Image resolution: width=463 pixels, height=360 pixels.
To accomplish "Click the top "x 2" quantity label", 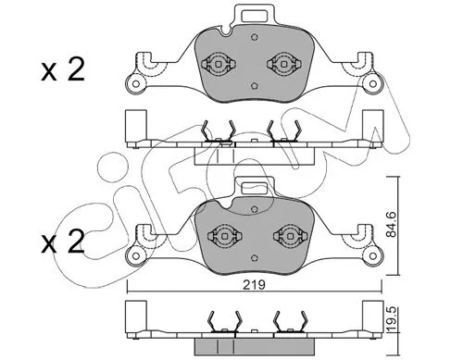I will (x=63, y=70).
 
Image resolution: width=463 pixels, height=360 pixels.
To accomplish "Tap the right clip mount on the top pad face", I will (x=282, y=64).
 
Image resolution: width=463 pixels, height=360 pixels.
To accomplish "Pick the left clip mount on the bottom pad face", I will (x=222, y=236).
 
